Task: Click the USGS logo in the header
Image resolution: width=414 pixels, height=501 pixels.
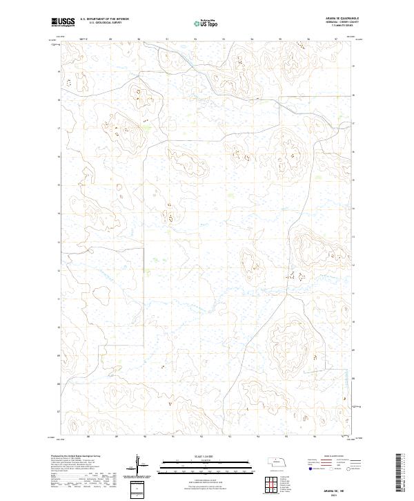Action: coord(63,23)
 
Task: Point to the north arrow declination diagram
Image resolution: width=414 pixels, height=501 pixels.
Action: coord(141,466)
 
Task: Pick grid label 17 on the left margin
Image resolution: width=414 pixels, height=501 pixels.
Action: coord(59,129)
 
